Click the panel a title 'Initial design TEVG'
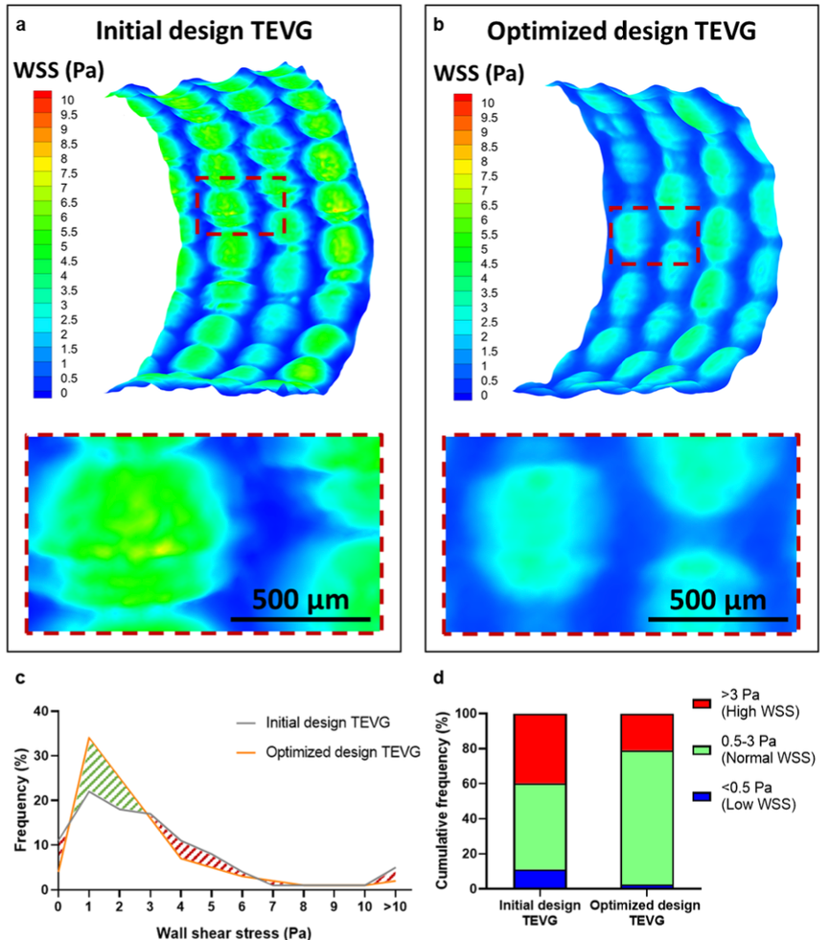pyautogui.click(x=204, y=32)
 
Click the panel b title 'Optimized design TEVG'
pyautogui.click(x=621, y=32)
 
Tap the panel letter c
pyautogui.click(x=20, y=678)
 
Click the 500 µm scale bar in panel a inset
pyautogui.click(x=300, y=619)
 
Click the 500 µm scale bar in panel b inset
pyautogui.click(x=718, y=619)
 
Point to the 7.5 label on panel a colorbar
pyautogui.click(x=69, y=173)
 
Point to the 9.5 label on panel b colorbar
pyautogui.click(x=489, y=118)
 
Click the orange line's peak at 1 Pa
pyautogui.click(x=89, y=738)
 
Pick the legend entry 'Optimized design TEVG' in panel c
pyautogui.click(x=329, y=752)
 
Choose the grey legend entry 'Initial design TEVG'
pyautogui.click(x=313, y=722)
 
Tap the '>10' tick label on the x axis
pyautogui.click(x=395, y=906)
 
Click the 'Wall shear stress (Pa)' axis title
pyautogui.click(x=234, y=932)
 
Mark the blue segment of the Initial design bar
pyautogui.click(x=540, y=879)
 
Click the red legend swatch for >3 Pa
pyautogui.click(x=701, y=703)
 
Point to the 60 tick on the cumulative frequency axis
pyautogui.click(x=469, y=784)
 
